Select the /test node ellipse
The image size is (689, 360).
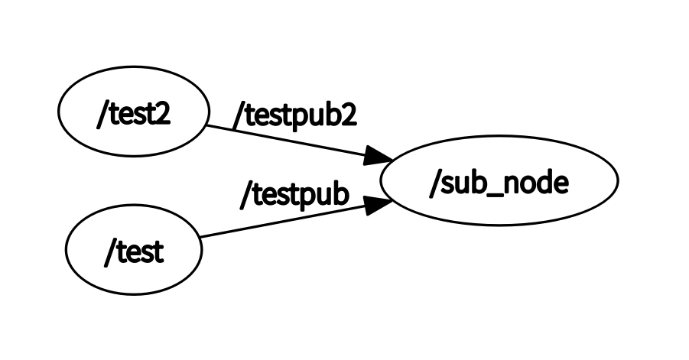[x=134, y=251]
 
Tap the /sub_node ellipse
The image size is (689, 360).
[x=499, y=182]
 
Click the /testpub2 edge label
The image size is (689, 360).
[x=294, y=115]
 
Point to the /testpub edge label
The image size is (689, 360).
[x=294, y=194]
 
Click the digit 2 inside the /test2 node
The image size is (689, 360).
[x=161, y=114]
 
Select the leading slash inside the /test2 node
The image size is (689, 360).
[x=101, y=115]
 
